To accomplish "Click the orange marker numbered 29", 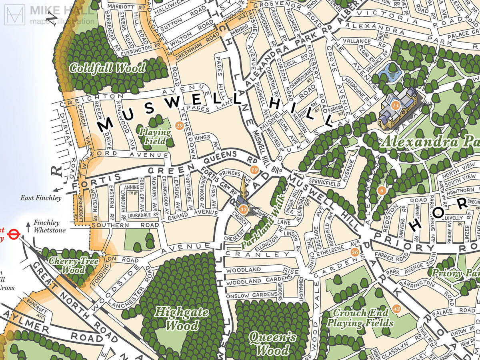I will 179,126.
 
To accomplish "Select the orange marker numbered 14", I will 396,106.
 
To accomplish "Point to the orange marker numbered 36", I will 354,252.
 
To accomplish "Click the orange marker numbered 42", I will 396,309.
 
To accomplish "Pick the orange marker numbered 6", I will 382,190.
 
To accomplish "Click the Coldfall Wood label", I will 107,68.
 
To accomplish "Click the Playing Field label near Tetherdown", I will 155,136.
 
